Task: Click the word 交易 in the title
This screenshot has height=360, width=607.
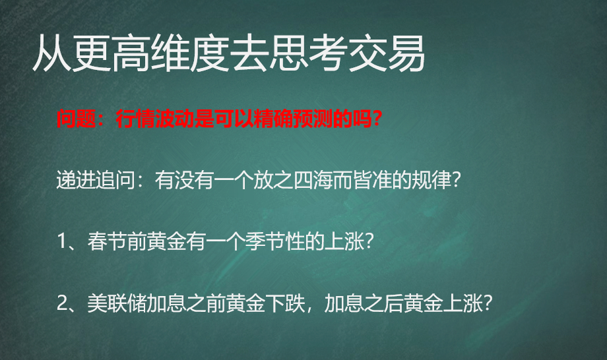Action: pyautogui.click(x=387, y=54)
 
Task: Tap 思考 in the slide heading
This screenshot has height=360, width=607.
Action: pyautogui.click(x=308, y=54)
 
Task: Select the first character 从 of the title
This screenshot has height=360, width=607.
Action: pyautogui.click(x=53, y=54)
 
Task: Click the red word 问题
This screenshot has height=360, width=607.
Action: pyautogui.click(x=77, y=119)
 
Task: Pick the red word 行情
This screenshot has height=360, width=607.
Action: pyautogui.click(x=135, y=119)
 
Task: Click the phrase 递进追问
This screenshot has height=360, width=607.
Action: pyautogui.click(x=96, y=180)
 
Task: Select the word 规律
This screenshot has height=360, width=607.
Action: pyautogui.click(x=431, y=180)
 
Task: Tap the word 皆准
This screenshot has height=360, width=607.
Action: pyautogui.click(x=372, y=180)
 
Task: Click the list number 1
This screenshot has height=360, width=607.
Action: pyautogui.click(x=62, y=241)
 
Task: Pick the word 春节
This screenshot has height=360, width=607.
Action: pyautogui.click(x=108, y=241)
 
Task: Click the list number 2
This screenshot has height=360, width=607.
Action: pyautogui.click(x=62, y=303)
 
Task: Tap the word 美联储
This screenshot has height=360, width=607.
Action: pyautogui.click(x=117, y=303)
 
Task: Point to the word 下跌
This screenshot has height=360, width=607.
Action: pyautogui.click(x=284, y=303)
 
